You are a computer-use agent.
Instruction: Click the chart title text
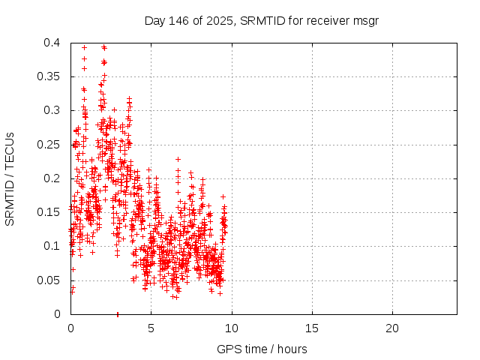point(261,21)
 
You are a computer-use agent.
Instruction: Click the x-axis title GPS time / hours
point(262,349)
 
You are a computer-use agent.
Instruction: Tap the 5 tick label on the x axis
point(151,328)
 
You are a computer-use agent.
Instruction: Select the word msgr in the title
point(366,21)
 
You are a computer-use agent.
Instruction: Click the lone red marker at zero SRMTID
point(118,313)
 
